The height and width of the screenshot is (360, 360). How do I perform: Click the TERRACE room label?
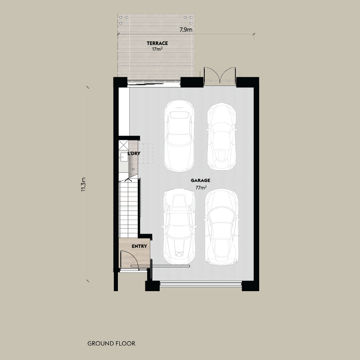(x=157, y=43)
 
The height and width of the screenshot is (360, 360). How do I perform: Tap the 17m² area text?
(x=157, y=49)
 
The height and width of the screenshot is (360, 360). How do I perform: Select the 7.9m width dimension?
(x=186, y=30)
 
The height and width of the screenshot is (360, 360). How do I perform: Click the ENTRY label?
(x=139, y=247)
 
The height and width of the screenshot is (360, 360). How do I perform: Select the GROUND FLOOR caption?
(x=111, y=343)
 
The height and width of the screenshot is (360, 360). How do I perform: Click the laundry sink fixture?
(x=124, y=157)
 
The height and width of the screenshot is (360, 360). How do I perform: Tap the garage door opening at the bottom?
(x=201, y=283)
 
